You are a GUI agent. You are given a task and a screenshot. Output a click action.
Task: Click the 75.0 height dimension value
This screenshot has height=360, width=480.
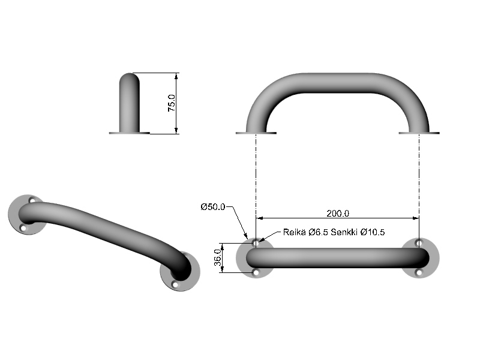171,103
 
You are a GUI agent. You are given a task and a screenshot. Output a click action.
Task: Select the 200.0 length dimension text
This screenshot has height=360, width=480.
338,213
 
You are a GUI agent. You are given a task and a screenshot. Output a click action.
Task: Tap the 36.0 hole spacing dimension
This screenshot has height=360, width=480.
218,258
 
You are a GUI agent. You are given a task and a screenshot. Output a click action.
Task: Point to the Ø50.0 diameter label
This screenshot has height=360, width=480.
213,207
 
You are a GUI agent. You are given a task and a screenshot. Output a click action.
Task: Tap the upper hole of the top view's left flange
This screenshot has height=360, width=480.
256,243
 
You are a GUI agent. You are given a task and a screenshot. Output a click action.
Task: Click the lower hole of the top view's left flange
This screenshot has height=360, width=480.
256,272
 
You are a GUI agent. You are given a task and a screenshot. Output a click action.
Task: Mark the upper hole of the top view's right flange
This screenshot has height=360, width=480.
419,243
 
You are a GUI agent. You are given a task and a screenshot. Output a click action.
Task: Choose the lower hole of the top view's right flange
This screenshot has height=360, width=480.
419,272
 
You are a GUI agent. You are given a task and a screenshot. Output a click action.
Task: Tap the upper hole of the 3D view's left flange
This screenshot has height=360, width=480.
32,200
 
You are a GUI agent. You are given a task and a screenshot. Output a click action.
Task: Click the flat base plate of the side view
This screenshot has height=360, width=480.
129,133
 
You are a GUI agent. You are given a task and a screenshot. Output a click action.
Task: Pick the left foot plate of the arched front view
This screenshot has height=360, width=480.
256,133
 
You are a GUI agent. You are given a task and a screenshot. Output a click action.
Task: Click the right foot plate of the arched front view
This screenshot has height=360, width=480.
419,133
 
